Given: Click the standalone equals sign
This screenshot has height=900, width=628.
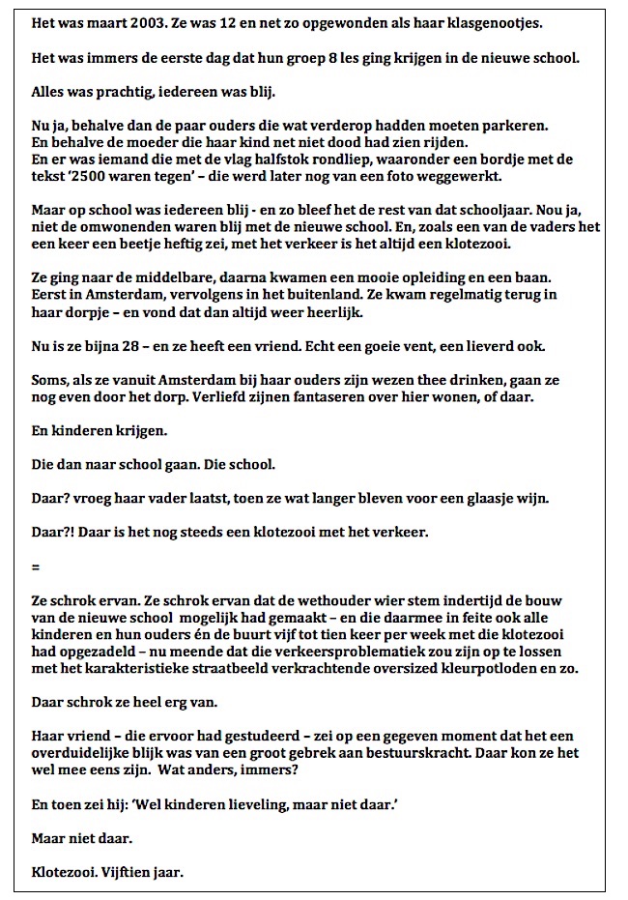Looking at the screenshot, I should click(x=35, y=569).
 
